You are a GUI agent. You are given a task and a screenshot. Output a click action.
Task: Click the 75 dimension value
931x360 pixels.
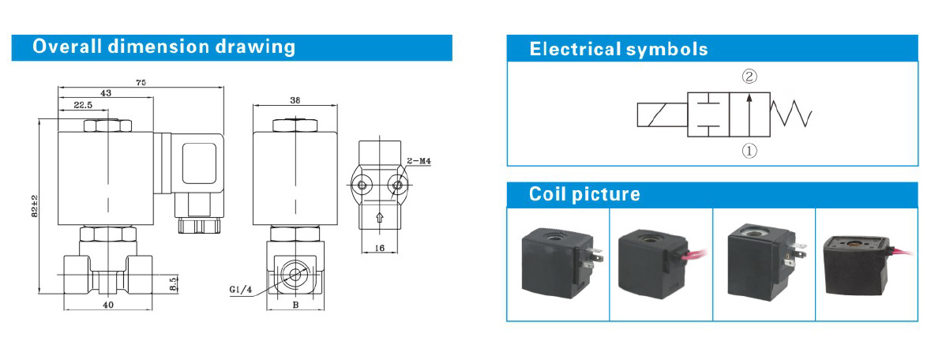pos(141,82)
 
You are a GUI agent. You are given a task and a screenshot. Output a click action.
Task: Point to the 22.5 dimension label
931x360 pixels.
pos(84,104)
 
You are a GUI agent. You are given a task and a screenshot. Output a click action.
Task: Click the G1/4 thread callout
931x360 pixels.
pos(240,290)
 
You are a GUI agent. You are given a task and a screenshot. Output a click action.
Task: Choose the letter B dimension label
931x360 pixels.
pos(295,303)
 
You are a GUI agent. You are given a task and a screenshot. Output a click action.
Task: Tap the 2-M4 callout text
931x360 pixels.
pos(419,161)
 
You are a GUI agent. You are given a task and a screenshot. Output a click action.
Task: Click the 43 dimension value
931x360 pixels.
pos(105,93)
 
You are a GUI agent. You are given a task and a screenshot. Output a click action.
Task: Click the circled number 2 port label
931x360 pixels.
pos(749,77)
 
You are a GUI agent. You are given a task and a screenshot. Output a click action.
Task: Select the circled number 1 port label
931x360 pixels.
pos(749,150)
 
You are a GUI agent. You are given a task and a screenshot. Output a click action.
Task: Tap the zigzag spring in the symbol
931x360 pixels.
pos(792,115)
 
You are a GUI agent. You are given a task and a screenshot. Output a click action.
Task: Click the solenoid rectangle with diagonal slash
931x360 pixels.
pos(662,115)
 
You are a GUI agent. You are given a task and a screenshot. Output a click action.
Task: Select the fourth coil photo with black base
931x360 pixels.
pos(866,264)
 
